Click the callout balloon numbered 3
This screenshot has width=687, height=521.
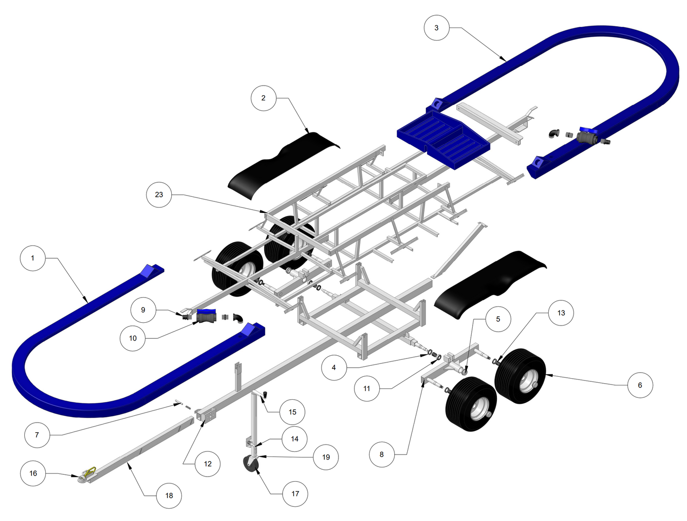pos(436,28)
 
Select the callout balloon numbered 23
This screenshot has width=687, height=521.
pos(159,195)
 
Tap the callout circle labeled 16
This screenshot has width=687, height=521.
pos(33,473)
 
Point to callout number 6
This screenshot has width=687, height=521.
pos(640,385)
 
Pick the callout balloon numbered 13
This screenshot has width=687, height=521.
pos(561,313)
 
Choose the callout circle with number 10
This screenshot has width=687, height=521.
pos(133,338)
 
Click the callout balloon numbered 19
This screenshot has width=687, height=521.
pos(326,457)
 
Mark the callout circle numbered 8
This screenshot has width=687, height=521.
pos(382,454)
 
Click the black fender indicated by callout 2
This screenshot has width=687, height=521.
pos(284,165)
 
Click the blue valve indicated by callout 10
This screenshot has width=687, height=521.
pos(207,316)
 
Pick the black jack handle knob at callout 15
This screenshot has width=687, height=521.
pos(265,395)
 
